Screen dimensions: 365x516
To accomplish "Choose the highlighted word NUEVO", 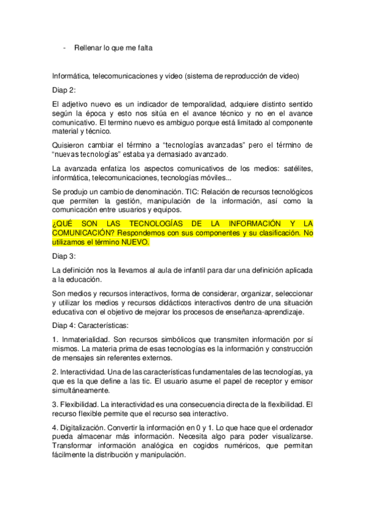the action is [x=132, y=242].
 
